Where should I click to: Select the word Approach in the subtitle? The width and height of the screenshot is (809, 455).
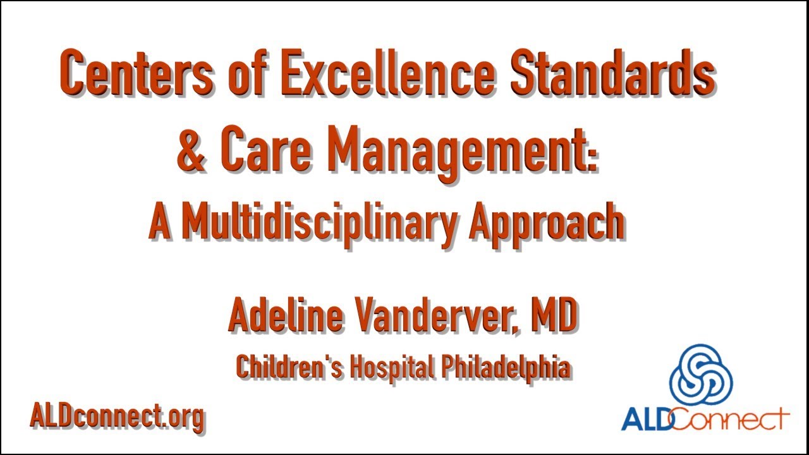coord(546,222)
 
